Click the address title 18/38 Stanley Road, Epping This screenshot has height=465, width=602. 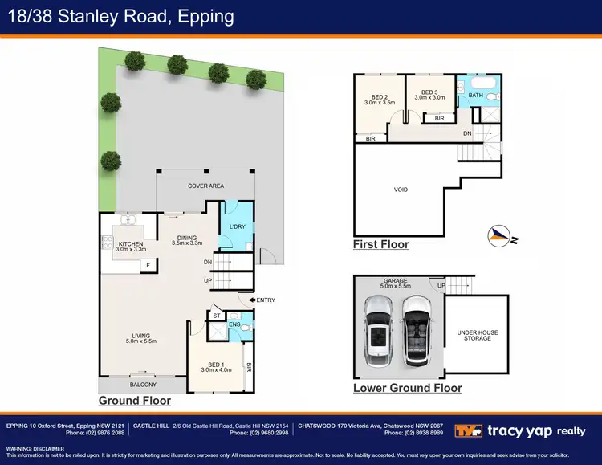tap(120, 16)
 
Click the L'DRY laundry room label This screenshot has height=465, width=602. tap(237, 227)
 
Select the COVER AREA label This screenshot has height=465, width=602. tap(205, 186)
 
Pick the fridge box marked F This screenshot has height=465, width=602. tap(148, 265)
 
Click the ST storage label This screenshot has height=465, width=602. tap(217, 316)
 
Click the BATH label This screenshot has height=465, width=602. tap(475, 96)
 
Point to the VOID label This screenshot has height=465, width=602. tap(401, 190)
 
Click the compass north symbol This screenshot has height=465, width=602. tap(501, 235)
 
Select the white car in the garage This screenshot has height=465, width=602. tap(378, 328)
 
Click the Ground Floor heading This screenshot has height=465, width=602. tap(134, 400)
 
